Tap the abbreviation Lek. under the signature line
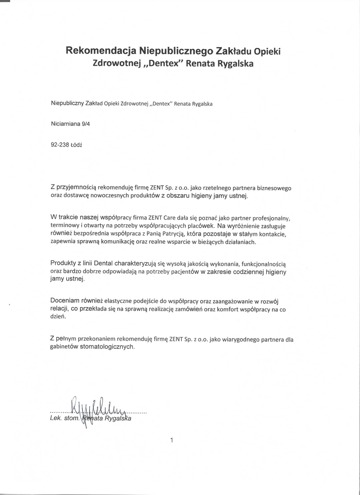click(x=56, y=419)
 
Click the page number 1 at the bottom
click(x=171, y=441)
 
